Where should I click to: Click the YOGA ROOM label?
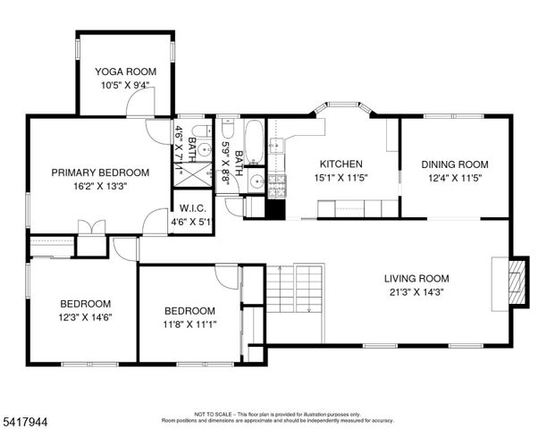tap(125, 71)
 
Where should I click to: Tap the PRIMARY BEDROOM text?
tap(99, 172)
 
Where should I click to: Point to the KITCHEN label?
tap(341, 164)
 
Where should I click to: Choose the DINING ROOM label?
tap(455, 164)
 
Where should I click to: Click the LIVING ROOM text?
tap(416, 278)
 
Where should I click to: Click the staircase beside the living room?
tap(296, 287)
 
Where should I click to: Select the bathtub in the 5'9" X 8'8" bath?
tap(254, 140)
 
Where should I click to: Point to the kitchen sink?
tap(277, 145)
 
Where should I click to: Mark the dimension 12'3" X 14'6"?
tap(86, 316)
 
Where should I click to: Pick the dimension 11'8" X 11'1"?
tap(189, 324)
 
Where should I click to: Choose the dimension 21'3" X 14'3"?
tap(416, 292)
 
